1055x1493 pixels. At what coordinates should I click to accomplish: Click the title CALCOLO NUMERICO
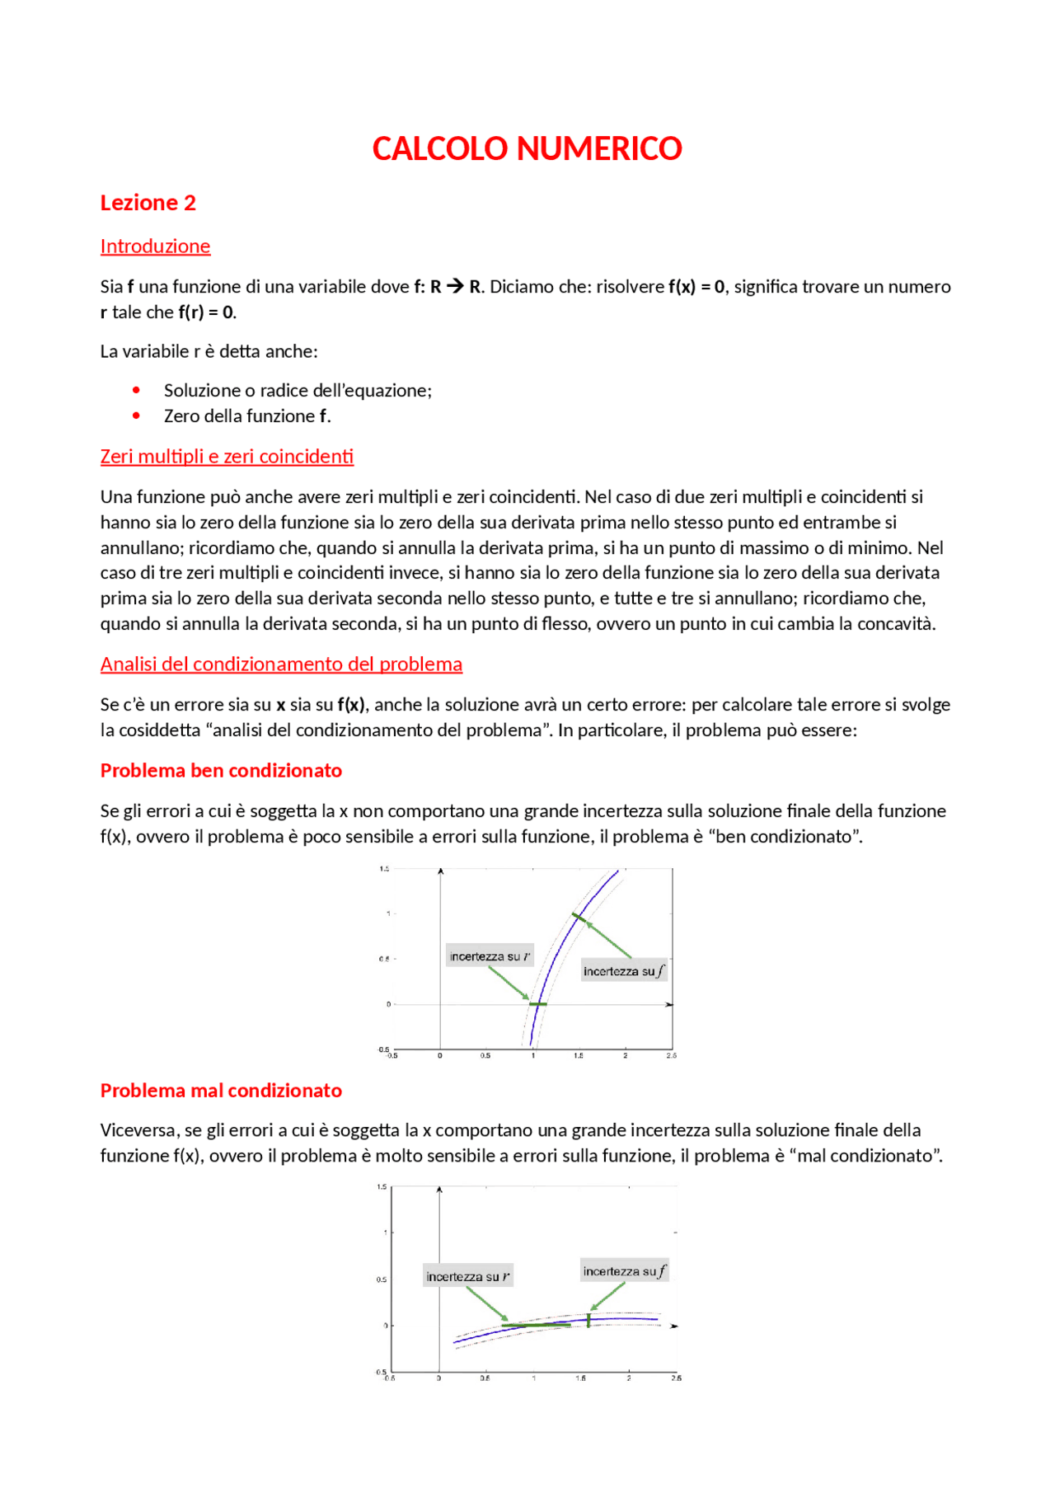527,149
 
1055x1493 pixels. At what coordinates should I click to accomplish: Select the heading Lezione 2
148,203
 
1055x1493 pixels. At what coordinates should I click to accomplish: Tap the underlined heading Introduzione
155,246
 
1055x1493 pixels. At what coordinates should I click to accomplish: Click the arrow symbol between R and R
455,286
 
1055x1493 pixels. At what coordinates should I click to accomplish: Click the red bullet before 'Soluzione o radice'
136,390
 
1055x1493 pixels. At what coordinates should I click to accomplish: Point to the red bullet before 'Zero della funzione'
136,416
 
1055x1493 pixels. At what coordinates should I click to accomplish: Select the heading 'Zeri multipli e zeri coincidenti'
227,457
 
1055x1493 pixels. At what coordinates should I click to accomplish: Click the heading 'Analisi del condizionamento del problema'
281,664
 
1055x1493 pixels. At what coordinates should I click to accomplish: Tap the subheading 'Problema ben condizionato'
221,771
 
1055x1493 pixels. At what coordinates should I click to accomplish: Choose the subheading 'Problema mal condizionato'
221,1091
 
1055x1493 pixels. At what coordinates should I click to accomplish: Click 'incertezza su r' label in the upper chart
490,956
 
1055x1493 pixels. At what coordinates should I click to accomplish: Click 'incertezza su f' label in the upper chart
624,971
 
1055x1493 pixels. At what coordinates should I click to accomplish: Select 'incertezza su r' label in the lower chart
467,1277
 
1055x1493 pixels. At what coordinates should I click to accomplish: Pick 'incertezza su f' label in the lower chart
624,1271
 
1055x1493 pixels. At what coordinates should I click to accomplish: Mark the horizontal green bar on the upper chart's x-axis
537,1004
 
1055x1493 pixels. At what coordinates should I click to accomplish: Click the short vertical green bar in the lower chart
588,1320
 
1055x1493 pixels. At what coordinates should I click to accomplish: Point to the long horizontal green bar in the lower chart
536,1325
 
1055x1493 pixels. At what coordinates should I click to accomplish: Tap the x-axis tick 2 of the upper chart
626,1056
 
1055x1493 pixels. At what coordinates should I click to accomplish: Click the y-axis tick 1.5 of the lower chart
382,1187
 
